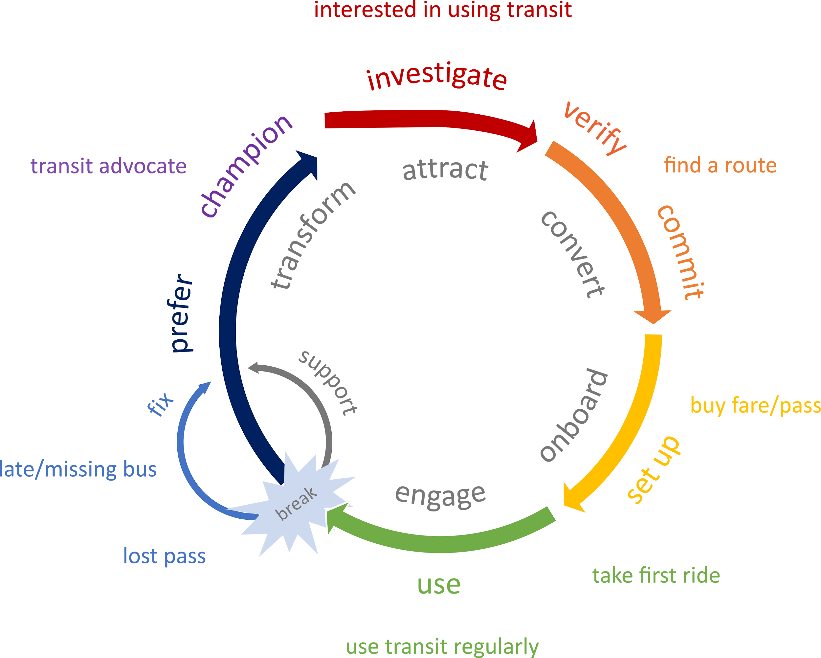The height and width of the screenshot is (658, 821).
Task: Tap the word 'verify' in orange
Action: pyautogui.click(x=595, y=128)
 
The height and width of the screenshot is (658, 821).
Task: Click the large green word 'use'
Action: pyautogui.click(x=439, y=584)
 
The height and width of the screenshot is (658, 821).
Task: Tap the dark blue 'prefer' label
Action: pyautogui.click(x=181, y=313)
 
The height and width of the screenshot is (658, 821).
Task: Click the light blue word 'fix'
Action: pyautogui.click(x=160, y=403)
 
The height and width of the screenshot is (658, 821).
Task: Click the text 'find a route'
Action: pyautogui.click(x=720, y=165)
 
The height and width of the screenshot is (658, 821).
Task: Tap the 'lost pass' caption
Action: pyautogui.click(x=164, y=556)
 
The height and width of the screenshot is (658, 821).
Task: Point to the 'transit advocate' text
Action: pyautogui.click(x=108, y=166)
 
